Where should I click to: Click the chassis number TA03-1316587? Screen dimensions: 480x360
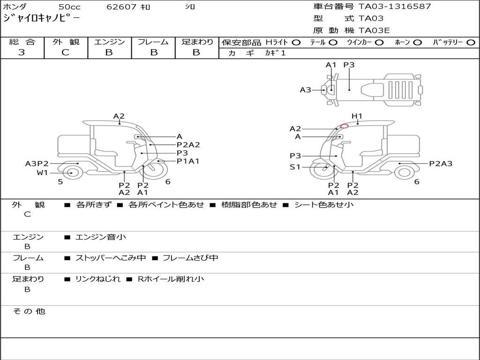point(395,7)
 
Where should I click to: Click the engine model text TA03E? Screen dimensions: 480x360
point(374,30)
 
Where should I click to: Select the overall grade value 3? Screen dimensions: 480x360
point(22,52)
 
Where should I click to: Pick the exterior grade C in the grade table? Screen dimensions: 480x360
point(65,52)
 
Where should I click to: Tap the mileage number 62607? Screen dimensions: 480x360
point(121,7)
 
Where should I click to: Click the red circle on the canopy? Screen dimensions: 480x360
point(345,126)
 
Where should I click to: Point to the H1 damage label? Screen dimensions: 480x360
point(357,116)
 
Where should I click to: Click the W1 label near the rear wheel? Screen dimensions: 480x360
point(42,172)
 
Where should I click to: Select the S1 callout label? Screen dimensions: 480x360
point(295,167)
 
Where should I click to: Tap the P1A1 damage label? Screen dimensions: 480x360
point(188,161)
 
